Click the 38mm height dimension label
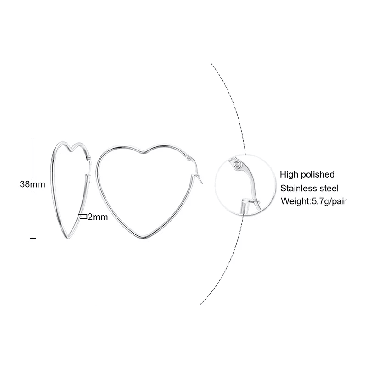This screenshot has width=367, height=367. [32, 184]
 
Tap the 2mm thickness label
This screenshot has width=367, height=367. [98, 217]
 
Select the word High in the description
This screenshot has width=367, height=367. [289, 174]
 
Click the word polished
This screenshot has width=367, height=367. [317, 175]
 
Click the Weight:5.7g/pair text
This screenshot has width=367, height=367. [314, 201]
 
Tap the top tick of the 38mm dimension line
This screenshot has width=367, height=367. [33, 139]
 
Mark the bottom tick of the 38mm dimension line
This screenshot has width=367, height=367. [33, 238]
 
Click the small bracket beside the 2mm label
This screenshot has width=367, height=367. [83, 216]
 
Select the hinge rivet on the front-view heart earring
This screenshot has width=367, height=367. [189, 158]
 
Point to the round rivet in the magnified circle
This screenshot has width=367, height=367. [237, 165]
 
